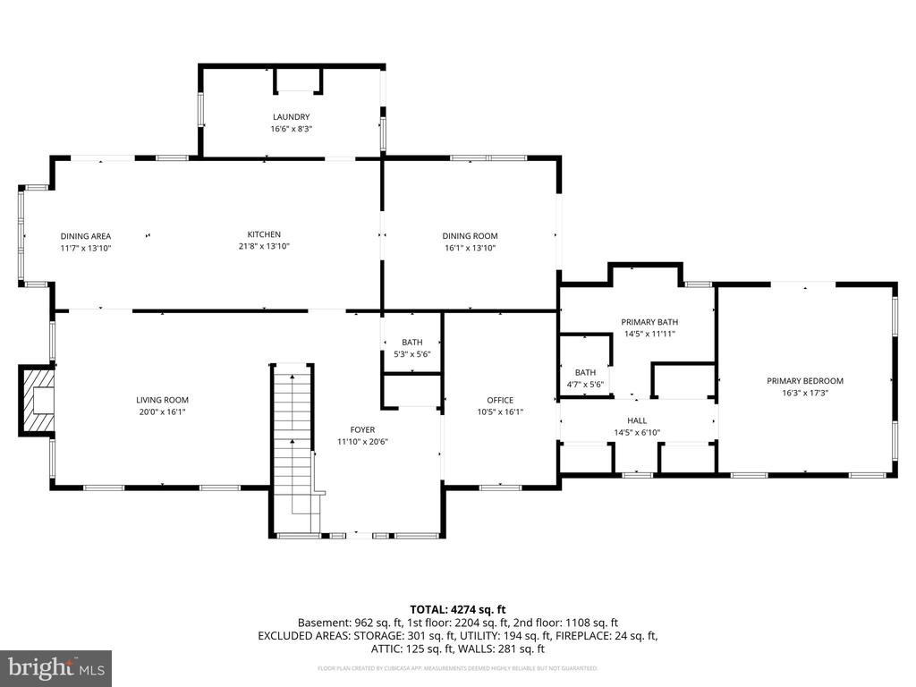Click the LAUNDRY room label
point(291,116)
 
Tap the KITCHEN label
point(265,234)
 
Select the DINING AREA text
point(86,235)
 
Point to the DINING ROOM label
point(470,236)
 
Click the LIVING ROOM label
point(162,400)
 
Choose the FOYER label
point(362,429)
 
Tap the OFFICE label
point(500,400)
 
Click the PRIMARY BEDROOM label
point(804,380)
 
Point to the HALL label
point(636,420)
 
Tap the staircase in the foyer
point(293,447)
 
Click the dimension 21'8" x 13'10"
point(265,246)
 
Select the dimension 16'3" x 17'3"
point(804,393)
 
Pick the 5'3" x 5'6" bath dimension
point(411,354)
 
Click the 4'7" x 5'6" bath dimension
point(585,385)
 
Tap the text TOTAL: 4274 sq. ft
point(457,607)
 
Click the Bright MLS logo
point(55,668)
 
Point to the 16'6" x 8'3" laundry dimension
point(291,129)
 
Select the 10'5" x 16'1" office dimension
point(500,411)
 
